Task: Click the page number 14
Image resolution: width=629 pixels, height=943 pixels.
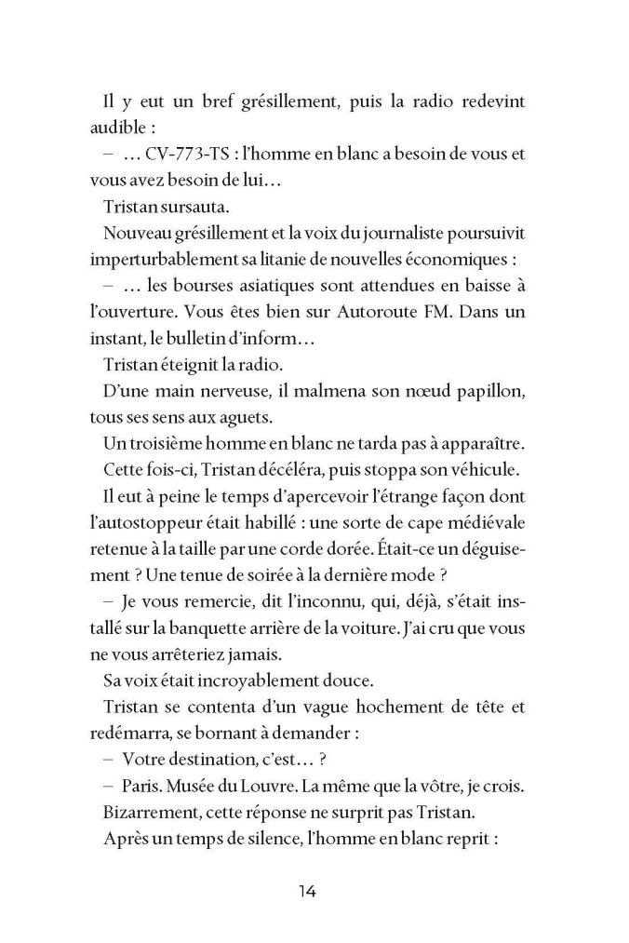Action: coord(308,891)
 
